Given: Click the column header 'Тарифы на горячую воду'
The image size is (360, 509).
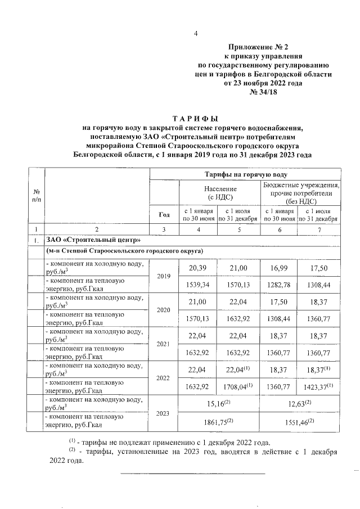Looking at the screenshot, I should [246, 175].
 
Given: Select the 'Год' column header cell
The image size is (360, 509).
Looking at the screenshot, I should [164, 214].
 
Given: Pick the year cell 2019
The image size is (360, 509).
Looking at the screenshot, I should [164, 277].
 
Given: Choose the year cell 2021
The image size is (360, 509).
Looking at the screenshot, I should [164, 343].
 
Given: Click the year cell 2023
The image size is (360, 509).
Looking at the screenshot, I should [164, 413].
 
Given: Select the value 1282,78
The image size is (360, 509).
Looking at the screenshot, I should [280, 285].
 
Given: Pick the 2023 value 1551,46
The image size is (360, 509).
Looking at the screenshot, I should [302, 422].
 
